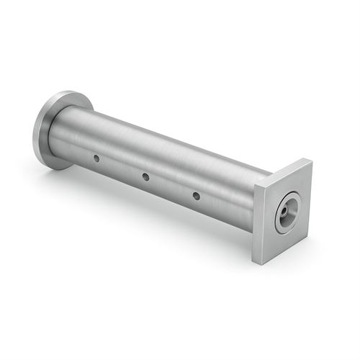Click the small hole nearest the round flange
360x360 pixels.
coord(96,157)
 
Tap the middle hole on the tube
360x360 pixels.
coord(145,176)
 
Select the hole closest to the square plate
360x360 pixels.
coord(196,194)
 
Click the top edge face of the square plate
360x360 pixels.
coord(282,171)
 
